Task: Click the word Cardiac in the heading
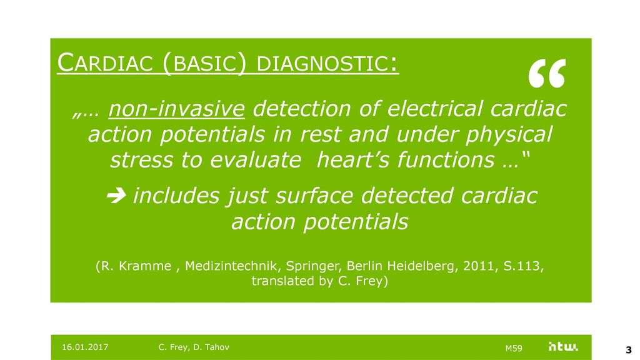pyautogui.click(x=105, y=63)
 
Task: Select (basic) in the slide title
pyautogui.click(x=204, y=64)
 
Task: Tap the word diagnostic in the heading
pyautogui.click(x=322, y=64)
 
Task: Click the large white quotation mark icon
pyautogui.click(x=547, y=73)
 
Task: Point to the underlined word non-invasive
pyautogui.click(x=176, y=109)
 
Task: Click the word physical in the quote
pyautogui.click(x=509, y=134)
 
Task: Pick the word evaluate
pyautogui.click(x=256, y=159)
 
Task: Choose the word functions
pyautogui.click(x=446, y=159)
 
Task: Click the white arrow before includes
pyautogui.click(x=116, y=196)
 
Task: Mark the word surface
pyautogui.click(x=314, y=196)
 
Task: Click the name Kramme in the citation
pyautogui.click(x=146, y=266)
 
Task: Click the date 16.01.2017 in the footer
pyautogui.click(x=85, y=347)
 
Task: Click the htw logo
pyautogui.click(x=563, y=347)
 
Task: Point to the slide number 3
pyautogui.click(x=629, y=350)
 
